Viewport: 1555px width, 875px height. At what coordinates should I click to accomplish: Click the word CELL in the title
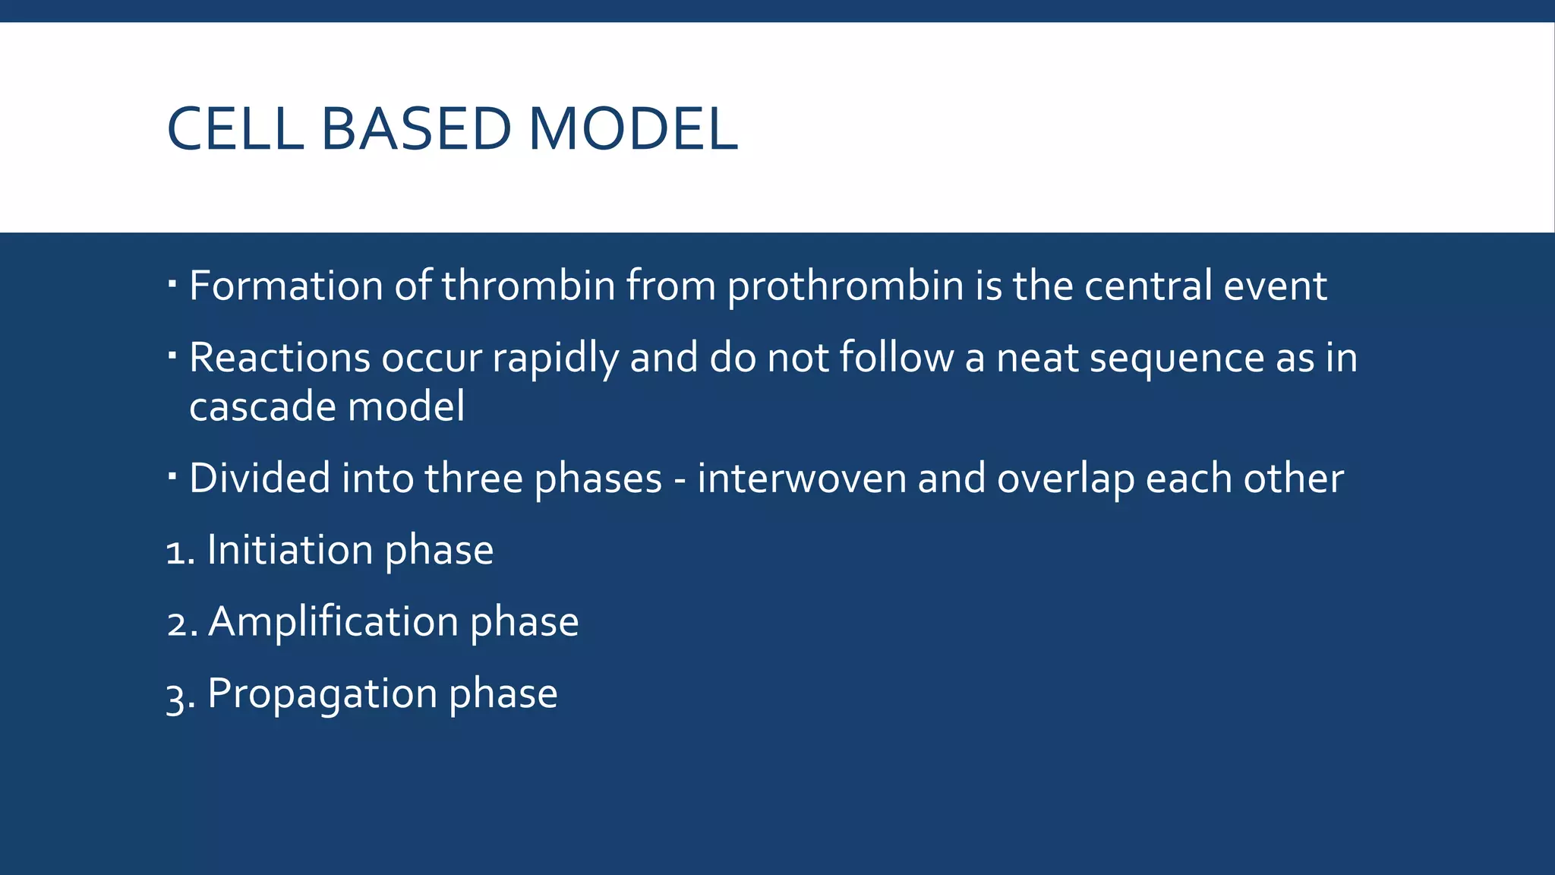pyautogui.click(x=235, y=128)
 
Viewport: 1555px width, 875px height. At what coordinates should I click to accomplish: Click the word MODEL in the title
pyautogui.click(x=632, y=128)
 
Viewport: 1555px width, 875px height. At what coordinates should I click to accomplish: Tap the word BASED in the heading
pyautogui.click(x=416, y=128)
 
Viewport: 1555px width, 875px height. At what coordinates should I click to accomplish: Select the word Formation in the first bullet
pyautogui.click(x=285, y=286)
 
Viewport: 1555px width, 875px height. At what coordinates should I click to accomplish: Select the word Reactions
pyautogui.click(x=279, y=358)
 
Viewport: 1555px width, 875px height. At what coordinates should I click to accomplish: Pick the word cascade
pyautogui.click(x=263, y=406)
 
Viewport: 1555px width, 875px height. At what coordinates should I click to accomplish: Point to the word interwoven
pyautogui.click(x=802, y=479)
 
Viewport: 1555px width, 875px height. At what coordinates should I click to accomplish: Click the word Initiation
pyautogui.click(x=290, y=550)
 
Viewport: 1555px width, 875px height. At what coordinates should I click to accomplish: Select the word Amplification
pyautogui.click(x=333, y=622)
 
